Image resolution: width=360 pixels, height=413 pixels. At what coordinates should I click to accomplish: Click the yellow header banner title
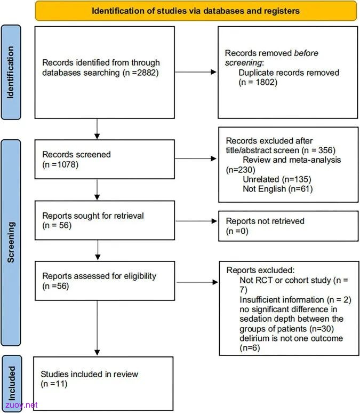[196, 11]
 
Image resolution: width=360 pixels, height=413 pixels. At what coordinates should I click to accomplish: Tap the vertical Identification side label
[11, 73]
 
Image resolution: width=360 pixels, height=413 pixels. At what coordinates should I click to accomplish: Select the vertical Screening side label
[11, 242]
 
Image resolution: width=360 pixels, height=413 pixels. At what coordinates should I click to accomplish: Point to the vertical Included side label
[12, 383]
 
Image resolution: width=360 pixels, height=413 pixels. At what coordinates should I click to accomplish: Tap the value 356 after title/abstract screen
[325, 150]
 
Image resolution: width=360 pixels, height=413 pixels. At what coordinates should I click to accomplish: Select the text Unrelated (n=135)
[277, 179]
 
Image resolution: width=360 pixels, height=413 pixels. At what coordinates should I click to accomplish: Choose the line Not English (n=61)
[278, 189]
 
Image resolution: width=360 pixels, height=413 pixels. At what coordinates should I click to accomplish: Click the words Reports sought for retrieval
[93, 216]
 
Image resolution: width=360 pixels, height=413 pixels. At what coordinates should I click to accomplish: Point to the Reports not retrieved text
[265, 221]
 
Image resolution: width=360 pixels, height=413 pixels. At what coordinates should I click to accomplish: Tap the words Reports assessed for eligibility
[99, 276]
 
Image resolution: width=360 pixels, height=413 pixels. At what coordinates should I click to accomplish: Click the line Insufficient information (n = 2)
[295, 300]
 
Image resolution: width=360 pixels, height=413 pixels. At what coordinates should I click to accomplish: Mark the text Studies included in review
[89, 374]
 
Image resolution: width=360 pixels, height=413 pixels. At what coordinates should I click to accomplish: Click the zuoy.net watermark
[21, 405]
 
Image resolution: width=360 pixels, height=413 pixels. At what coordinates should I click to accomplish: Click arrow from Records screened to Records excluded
[195, 158]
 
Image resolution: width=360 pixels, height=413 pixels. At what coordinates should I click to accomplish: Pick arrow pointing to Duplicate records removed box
[195, 72]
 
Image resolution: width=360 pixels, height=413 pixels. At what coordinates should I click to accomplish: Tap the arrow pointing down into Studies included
[97, 328]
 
